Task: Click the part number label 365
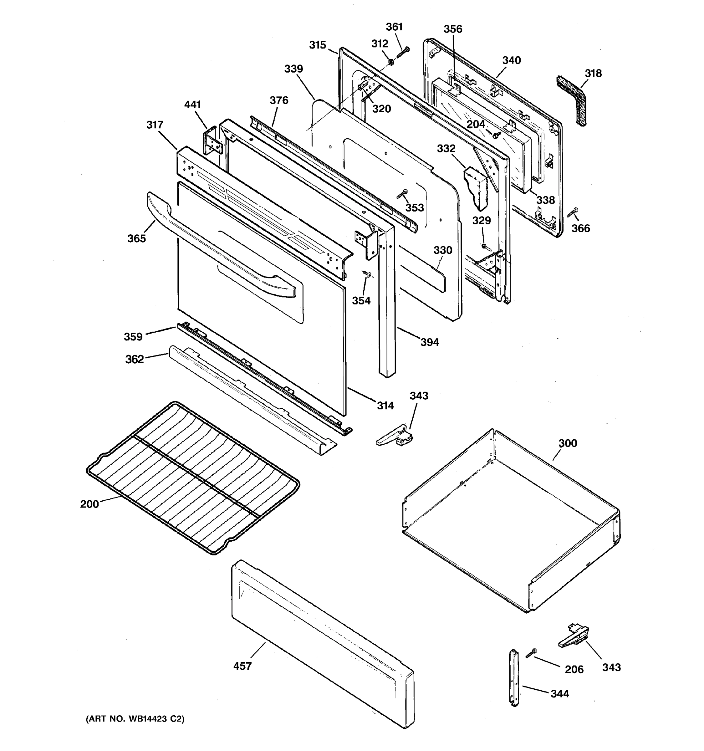(136, 238)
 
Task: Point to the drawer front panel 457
(321, 642)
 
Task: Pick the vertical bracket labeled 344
(514, 678)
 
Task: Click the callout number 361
(394, 27)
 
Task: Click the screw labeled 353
(401, 194)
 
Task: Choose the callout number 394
(429, 342)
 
